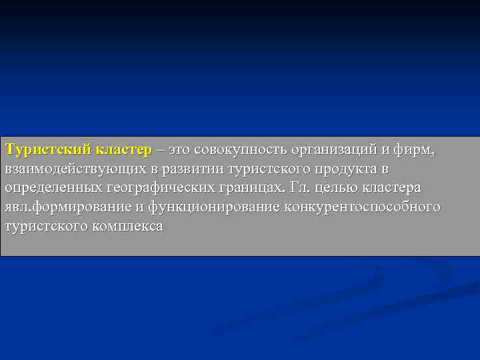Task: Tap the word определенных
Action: click(x=54, y=187)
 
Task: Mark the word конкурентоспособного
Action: click(x=362, y=207)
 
